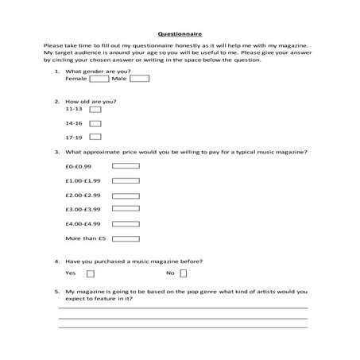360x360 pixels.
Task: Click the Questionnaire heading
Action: [180, 35]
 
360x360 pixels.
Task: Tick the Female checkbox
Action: [99, 79]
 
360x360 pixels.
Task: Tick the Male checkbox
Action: [139, 79]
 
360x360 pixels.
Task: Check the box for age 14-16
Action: [95, 124]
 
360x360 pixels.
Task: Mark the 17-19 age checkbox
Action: [95, 137]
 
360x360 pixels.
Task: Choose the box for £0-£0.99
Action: [126, 166]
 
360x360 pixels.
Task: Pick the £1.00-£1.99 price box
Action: [126, 180]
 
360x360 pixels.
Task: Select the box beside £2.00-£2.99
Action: [126, 195]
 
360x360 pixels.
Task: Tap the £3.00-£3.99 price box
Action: [126, 209]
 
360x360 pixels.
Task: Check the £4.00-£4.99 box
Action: [126, 223]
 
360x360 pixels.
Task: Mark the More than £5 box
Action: [126, 238]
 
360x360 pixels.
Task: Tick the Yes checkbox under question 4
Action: [90, 273]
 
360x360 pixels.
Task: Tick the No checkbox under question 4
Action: [184, 273]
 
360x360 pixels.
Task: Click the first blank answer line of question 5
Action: [183, 307]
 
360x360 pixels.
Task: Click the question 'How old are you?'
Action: [91, 102]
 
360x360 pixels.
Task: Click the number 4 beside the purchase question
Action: [56, 261]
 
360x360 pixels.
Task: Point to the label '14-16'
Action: [74, 124]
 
